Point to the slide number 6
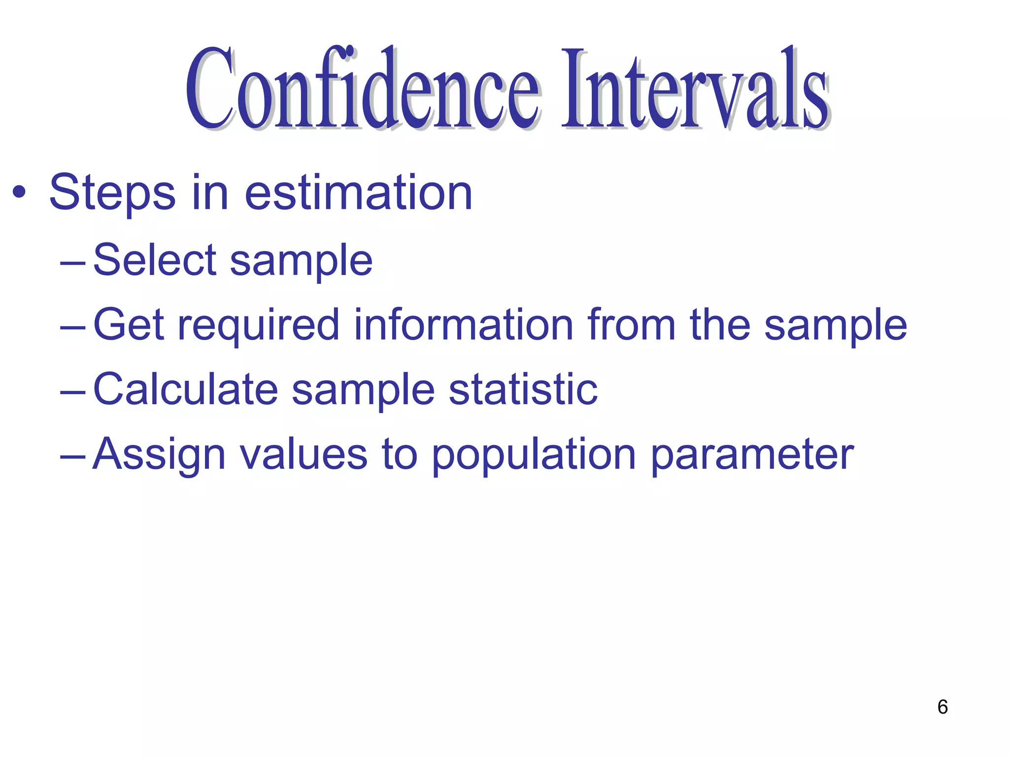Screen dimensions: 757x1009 coord(942,707)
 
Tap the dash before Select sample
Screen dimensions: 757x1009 coord(72,264)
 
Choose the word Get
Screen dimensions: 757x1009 coord(128,325)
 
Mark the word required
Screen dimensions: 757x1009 coord(258,326)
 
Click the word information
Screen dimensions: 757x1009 coord(464,325)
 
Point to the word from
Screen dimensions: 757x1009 coord(631,325)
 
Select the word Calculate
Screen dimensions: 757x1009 coord(185,389)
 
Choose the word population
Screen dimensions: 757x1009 coord(534,455)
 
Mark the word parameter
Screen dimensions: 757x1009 coord(752,455)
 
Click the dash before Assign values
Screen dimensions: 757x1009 coord(72,457)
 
